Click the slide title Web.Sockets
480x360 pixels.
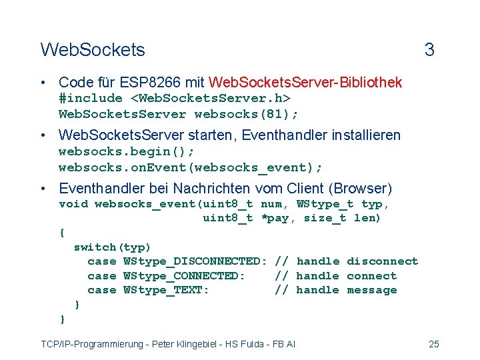92,49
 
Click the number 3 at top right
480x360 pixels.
429,49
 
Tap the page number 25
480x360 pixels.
433,344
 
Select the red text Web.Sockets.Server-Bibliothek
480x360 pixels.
305,83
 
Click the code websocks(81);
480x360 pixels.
257,113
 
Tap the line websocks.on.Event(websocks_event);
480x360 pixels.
191,166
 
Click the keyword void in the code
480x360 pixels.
73,204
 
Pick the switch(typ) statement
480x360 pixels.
113,247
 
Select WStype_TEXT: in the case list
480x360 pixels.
167,290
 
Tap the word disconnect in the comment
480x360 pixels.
382,261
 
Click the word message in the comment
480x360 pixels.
371,290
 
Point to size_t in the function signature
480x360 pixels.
325,218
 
